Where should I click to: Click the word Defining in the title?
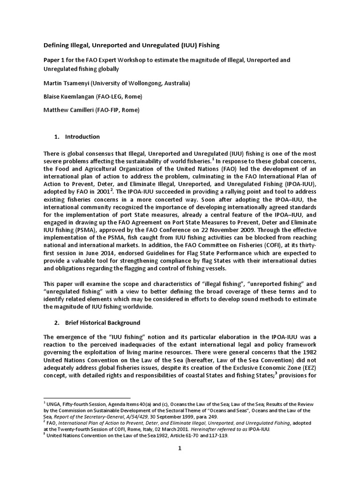click(x=57, y=45)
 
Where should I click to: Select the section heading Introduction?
click(x=82, y=137)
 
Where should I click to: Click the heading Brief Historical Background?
click(x=102, y=323)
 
